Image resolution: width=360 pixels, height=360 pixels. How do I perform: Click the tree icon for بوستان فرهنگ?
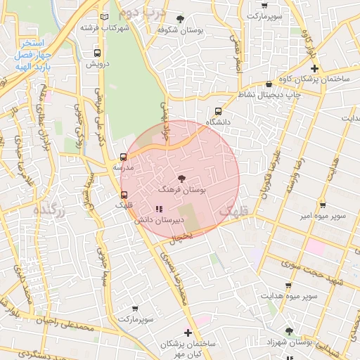coord(182,179)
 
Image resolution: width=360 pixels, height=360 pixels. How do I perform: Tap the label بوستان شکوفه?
coord(175,30)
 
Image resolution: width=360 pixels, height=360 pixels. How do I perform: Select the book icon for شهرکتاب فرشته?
coord(105,17)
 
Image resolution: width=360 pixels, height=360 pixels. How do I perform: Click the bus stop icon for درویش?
coord(97,52)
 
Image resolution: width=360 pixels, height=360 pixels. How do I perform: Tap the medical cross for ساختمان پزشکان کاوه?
coord(314,68)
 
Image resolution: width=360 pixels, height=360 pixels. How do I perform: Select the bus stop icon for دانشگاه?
coord(218,111)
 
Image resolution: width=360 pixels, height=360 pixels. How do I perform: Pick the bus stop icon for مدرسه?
coord(124,157)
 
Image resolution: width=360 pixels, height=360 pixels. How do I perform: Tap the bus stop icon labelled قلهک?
coord(124,195)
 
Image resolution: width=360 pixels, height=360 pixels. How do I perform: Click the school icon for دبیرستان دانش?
coord(158,209)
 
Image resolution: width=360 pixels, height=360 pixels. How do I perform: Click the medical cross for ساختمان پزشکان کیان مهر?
coord(187,333)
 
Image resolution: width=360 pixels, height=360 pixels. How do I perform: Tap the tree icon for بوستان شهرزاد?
coord(288,330)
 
